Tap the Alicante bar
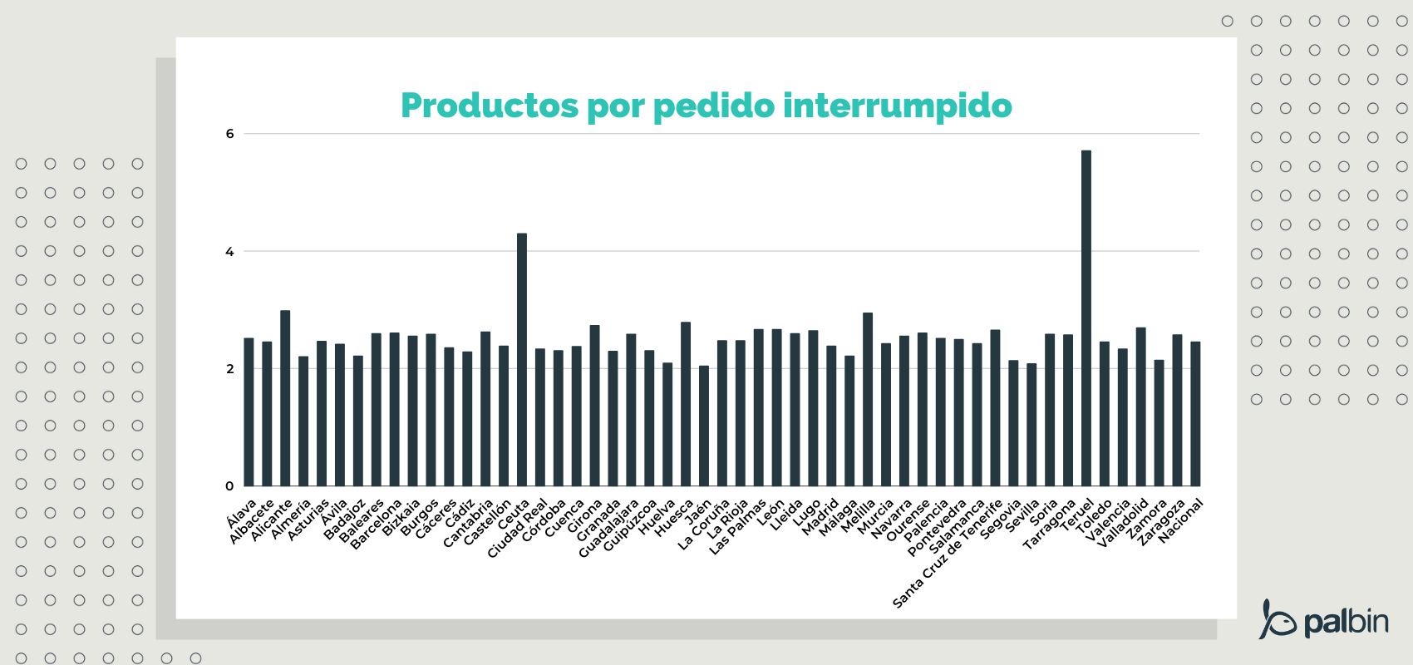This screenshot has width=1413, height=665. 285,398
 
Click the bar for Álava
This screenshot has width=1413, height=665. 249,412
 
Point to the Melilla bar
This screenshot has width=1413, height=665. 868,400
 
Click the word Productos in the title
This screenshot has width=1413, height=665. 490,106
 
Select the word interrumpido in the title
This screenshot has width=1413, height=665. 898,106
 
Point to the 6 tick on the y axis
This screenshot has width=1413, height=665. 230,134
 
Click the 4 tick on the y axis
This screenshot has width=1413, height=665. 230,252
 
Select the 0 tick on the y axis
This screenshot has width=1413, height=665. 230,486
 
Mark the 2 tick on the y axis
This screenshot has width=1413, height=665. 230,369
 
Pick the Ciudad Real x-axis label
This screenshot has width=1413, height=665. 517,529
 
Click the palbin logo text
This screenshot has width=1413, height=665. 1346,622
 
